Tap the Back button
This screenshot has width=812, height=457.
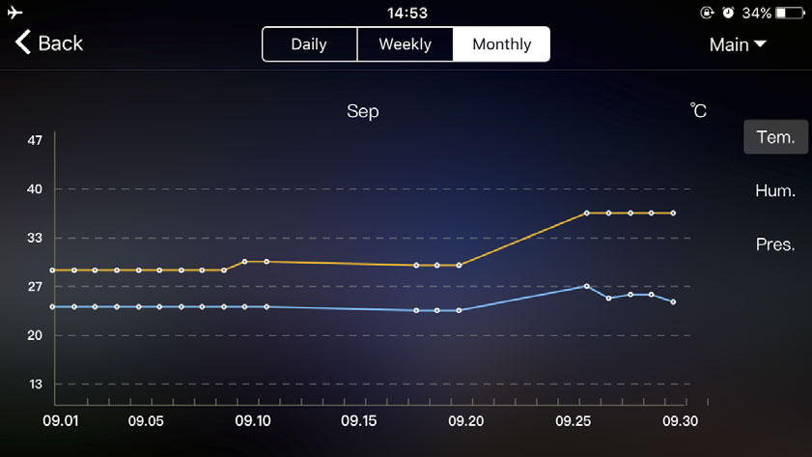tap(48, 43)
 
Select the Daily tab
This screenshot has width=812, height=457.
tap(309, 44)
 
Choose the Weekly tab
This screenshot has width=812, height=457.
tap(405, 44)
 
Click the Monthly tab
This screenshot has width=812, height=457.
tap(502, 44)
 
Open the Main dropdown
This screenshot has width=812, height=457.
tap(738, 44)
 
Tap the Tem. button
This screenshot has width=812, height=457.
tap(775, 137)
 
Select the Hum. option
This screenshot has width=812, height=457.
tap(775, 191)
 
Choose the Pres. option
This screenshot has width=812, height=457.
tap(775, 244)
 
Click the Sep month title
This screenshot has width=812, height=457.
tap(363, 112)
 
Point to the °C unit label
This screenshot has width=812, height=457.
tap(699, 112)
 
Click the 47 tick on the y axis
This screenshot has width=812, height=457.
tap(35, 141)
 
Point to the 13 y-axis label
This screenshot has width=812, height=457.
tap(35, 385)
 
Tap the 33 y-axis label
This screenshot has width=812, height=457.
tap(35, 238)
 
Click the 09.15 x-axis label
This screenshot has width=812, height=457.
tap(358, 421)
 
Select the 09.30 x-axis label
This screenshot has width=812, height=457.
tap(680, 421)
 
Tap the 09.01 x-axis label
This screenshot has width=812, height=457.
tap(61, 421)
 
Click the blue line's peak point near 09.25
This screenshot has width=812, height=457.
tap(586, 286)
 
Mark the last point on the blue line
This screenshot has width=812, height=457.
tap(673, 302)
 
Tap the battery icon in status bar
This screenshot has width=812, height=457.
tap(789, 14)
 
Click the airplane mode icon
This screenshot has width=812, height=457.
tap(14, 13)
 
